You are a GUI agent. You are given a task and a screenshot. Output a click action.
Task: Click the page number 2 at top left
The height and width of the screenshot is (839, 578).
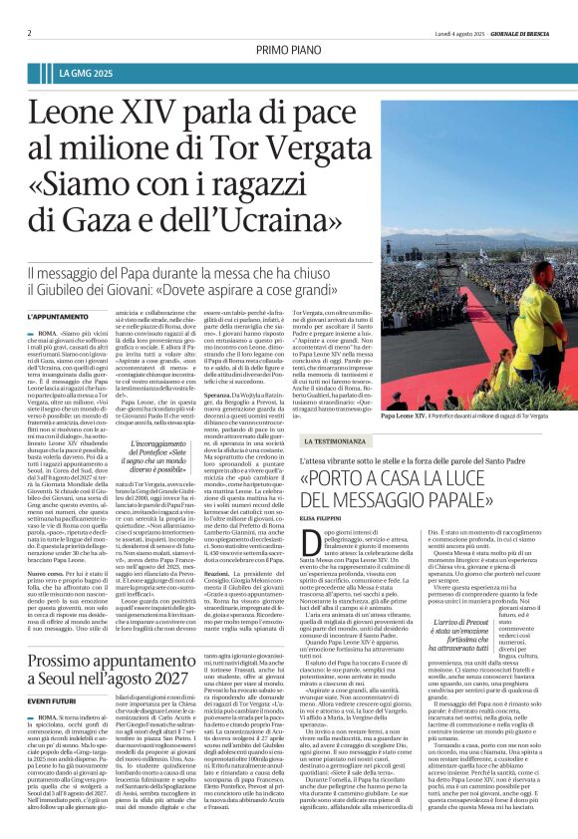point(29,32)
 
